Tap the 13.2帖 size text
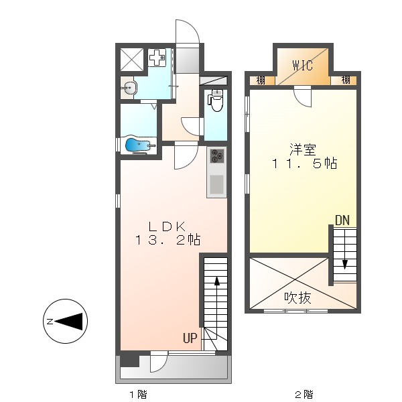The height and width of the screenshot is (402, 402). tap(167, 239)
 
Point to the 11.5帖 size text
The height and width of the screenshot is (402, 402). tap(304, 163)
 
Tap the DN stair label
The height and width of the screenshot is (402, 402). tap(342, 220)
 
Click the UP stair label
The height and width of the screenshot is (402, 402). tap(190, 338)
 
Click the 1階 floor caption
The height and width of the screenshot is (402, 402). tap(138, 394)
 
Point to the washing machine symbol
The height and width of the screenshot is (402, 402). tap(158, 58)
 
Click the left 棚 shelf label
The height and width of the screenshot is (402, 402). tap(260, 81)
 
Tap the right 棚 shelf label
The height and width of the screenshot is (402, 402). tap(345, 81)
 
